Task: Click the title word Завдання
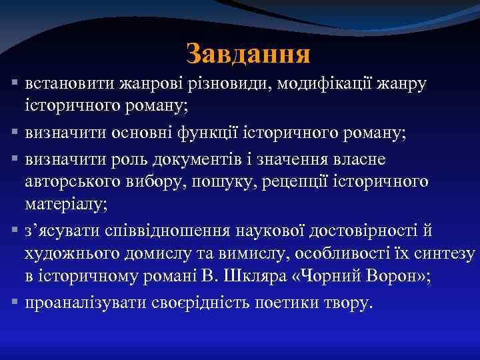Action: (248, 54)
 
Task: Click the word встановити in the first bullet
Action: (69, 85)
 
